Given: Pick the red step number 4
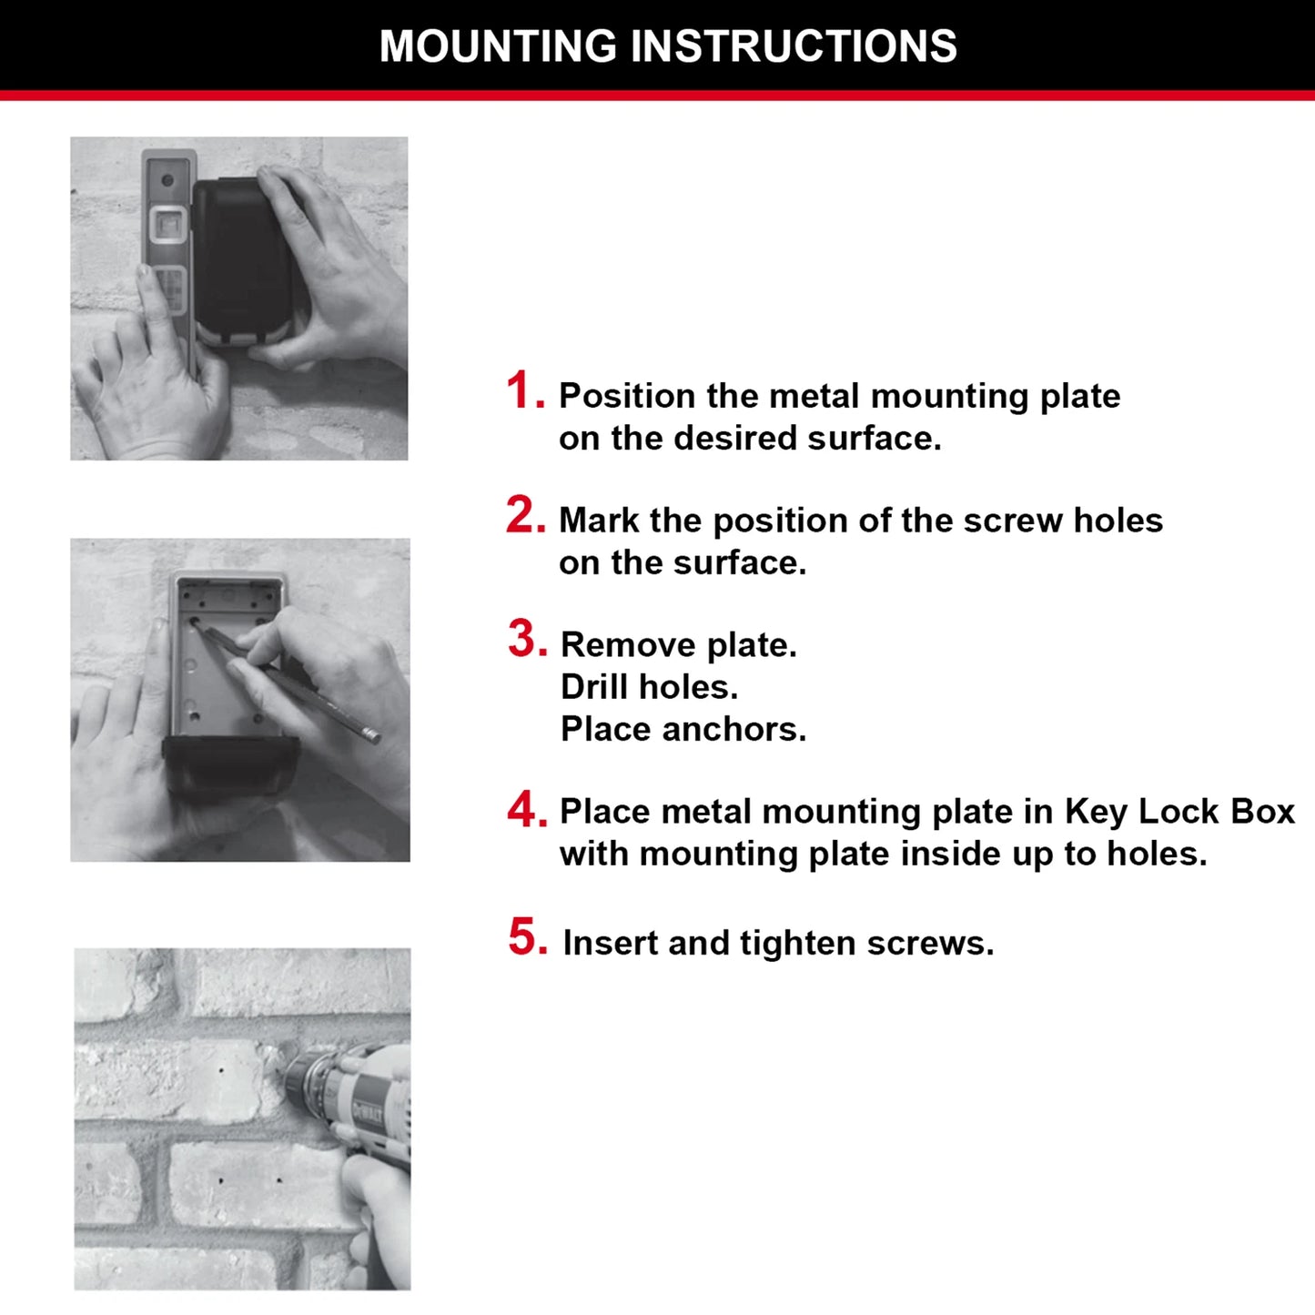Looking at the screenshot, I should tap(527, 809).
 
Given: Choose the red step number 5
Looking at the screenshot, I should tap(528, 937).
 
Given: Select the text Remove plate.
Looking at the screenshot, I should tap(678, 645).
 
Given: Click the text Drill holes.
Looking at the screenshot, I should tap(649, 687).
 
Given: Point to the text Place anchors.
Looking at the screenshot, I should tap(683, 729).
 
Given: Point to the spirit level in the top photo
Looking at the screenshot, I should tap(168, 246).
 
